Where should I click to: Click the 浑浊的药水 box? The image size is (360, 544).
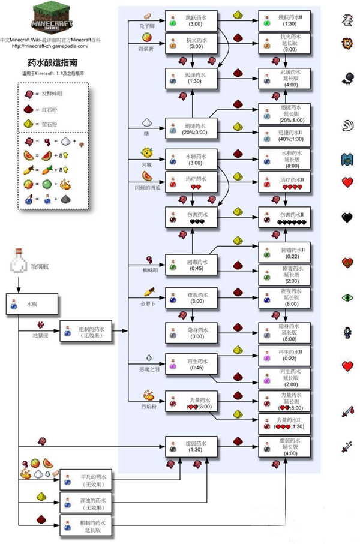[86, 503]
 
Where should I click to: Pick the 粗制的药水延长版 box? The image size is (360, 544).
[86, 526]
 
